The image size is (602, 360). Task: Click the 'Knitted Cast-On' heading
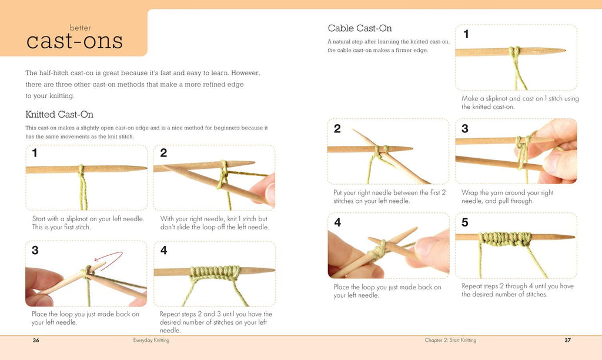click(59, 115)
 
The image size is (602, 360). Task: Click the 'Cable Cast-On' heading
click(360, 28)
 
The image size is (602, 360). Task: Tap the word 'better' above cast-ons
click(80, 28)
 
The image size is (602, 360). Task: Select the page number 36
click(36, 340)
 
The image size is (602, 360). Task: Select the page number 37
click(567, 340)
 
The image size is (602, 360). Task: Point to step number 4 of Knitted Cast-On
click(163, 251)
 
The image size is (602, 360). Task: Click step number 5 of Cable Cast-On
click(465, 222)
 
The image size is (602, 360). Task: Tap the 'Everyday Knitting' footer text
click(151, 340)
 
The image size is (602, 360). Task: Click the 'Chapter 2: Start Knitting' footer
click(450, 340)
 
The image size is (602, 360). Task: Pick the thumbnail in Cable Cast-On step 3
click(552, 162)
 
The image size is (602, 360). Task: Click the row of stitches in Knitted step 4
click(214, 273)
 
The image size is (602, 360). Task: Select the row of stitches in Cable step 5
click(506, 239)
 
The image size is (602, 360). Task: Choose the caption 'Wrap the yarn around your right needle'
click(507, 196)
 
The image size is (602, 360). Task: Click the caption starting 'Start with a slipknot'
click(88, 223)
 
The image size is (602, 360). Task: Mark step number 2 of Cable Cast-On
click(337, 128)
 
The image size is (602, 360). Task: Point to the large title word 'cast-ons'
click(75, 42)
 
